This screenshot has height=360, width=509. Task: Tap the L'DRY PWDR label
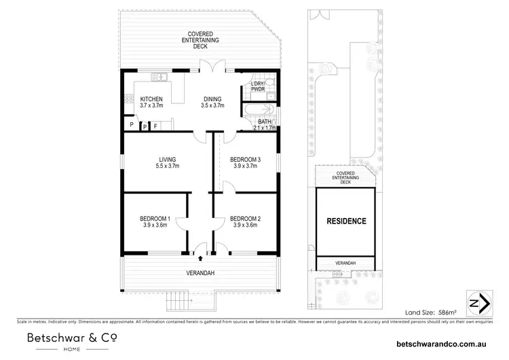click(x=259, y=86)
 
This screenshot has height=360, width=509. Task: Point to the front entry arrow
click(x=200, y=257)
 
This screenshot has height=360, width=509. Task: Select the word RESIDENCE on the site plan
click(x=346, y=221)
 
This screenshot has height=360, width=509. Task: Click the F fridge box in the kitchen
click(x=155, y=126)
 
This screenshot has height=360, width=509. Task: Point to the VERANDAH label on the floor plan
click(x=200, y=273)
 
